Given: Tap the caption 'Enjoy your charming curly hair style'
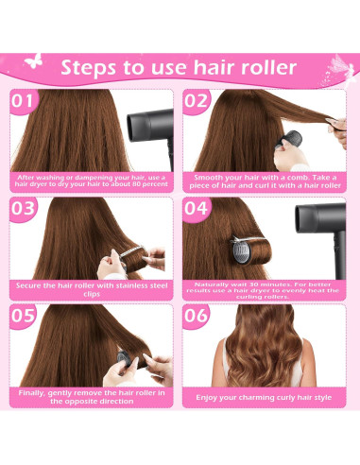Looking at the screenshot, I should (x=264, y=397).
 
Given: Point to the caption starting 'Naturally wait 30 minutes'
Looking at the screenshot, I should (x=264, y=289).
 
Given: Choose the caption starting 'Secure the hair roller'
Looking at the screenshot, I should (x=93, y=289).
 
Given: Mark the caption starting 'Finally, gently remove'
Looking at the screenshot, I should (x=93, y=397).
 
